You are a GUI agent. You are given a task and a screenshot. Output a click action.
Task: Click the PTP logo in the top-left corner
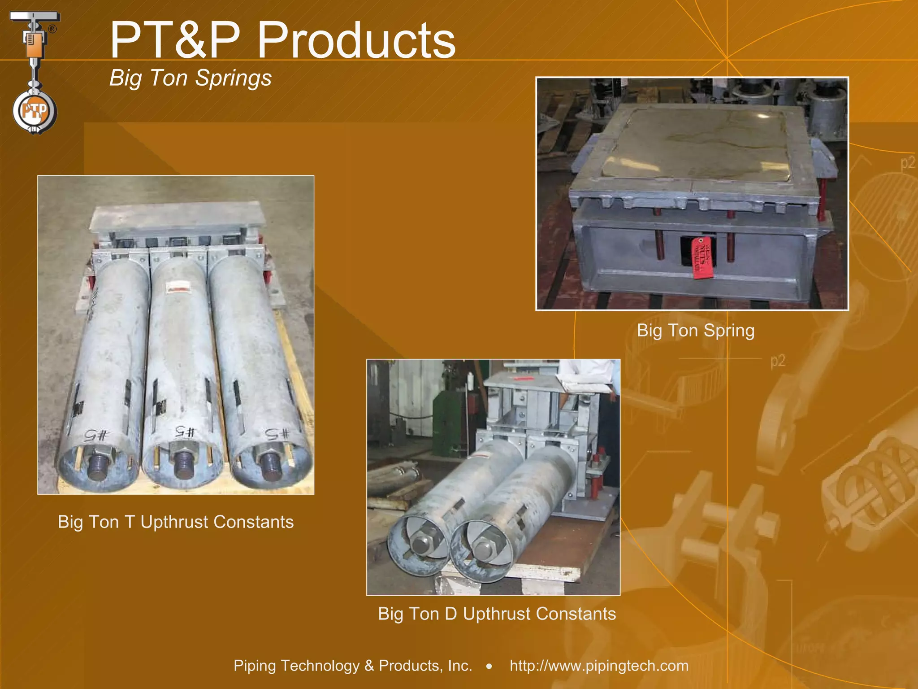(35, 110)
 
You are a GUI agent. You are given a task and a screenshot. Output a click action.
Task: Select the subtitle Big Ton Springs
(191, 78)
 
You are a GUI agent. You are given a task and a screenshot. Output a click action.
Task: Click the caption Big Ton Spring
(696, 331)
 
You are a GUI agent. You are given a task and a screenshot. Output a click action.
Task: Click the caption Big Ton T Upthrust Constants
(176, 522)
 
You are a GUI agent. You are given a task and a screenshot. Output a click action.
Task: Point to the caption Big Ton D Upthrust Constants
(497, 614)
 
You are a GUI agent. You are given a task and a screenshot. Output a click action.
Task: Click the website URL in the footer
(599, 665)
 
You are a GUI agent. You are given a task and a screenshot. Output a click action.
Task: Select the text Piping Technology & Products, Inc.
(353, 665)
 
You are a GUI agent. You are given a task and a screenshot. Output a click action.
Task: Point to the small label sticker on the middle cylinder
(177, 288)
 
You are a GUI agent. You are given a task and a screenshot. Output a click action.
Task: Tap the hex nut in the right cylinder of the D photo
(484, 547)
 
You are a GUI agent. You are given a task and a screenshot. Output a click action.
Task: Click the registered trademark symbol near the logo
(52, 29)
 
